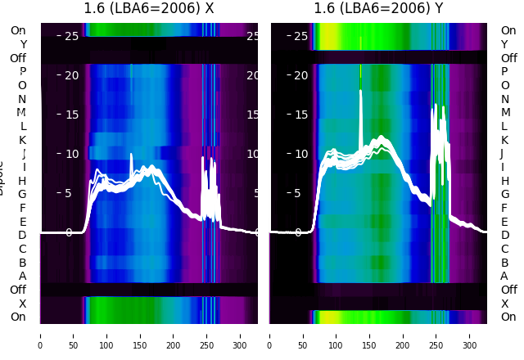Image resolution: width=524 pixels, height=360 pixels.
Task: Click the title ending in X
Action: (149, 9)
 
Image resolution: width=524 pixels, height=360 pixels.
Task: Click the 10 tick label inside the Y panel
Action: (300, 154)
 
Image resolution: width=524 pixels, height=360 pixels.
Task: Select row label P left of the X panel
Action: (22, 72)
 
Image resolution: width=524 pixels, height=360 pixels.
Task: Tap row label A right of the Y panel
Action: (504, 277)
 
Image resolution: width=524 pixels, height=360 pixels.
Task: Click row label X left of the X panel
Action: (22, 304)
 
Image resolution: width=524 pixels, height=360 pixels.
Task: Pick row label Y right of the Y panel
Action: (504, 44)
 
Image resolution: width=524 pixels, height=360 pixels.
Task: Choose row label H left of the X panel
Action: (22, 181)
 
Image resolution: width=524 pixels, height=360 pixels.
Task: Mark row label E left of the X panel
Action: (22, 222)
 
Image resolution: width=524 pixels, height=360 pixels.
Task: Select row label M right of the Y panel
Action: (505, 113)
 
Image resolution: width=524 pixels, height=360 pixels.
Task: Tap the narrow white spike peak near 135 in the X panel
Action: (131, 154)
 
